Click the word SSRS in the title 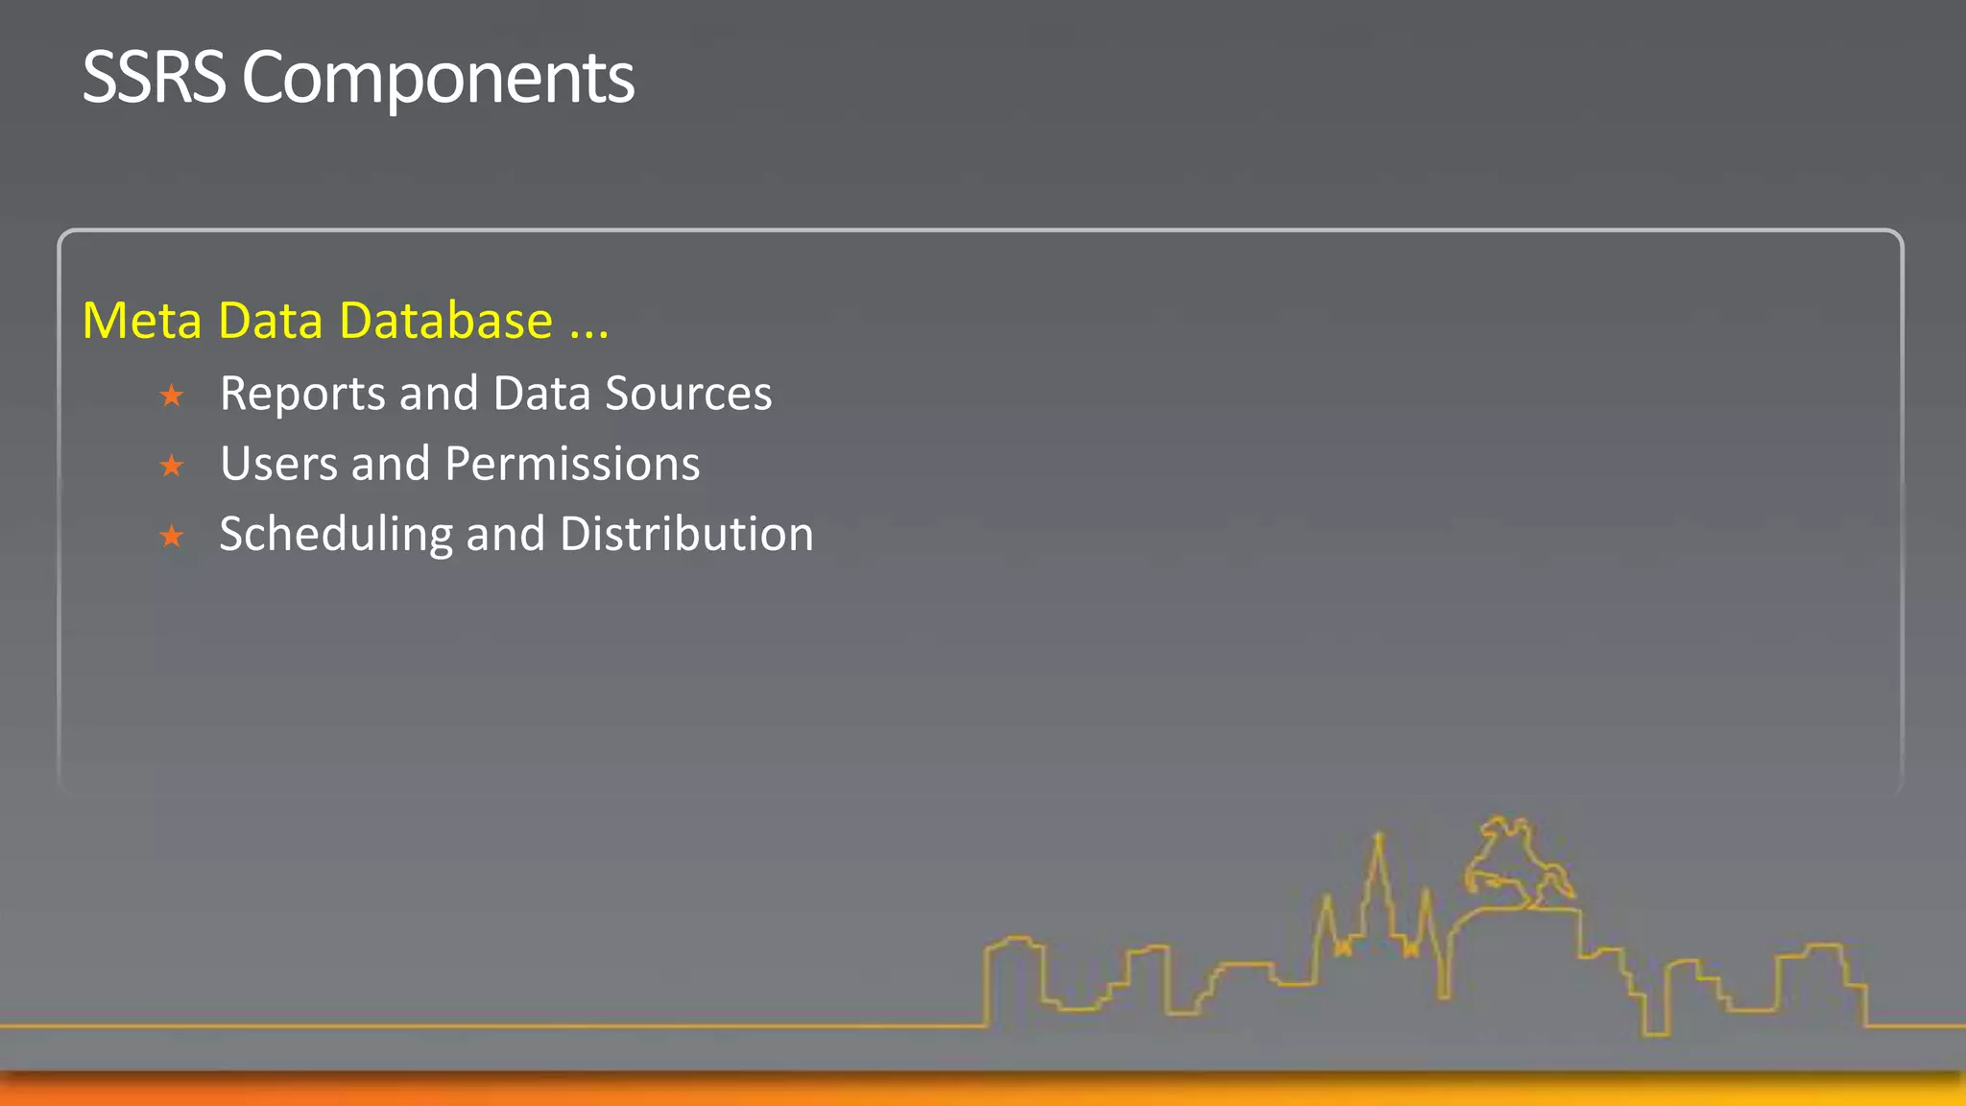click(x=154, y=78)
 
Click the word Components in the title click(x=438, y=80)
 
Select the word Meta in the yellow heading click(x=142, y=321)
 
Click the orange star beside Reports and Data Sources click(x=172, y=396)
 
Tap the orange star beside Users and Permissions click(x=172, y=466)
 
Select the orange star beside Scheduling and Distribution click(x=172, y=536)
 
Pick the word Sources click(x=688, y=395)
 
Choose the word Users click(x=278, y=465)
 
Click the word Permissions click(x=572, y=465)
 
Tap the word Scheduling click(x=335, y=535)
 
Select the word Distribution click(x=686, y=535)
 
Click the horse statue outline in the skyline click(x=1517, y=864)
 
